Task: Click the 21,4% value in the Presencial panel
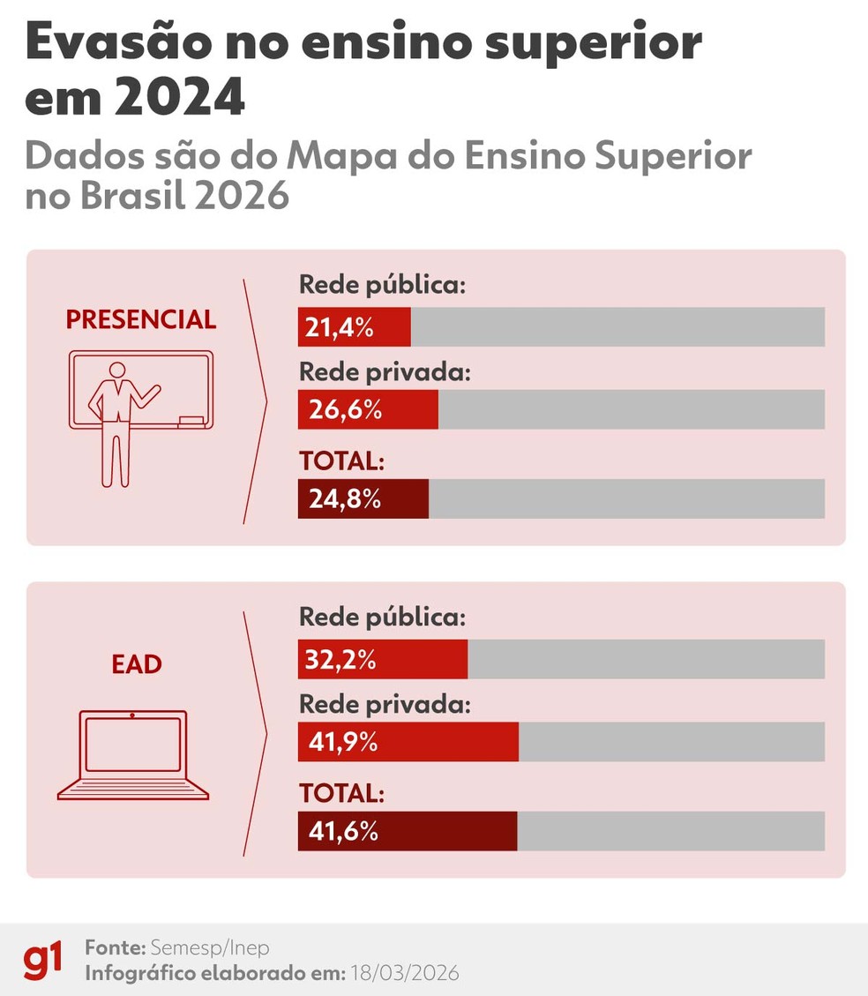(x=340, y=328)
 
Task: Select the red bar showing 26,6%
(x=368, y=410)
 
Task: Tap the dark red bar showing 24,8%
(x=363, y=499)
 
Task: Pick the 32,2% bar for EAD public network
(x=382, y=660)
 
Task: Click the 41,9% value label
(x=343, y=743)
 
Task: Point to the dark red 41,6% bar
(x=407, y=831)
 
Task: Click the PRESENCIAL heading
(x=141, y=319)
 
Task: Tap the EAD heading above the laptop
(x=137, y=664)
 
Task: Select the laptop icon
(x=133, y=755)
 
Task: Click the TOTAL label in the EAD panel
(x=341, y=793)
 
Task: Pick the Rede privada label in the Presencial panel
(x=385, y=372)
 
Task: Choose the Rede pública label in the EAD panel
(x=382, y=618)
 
